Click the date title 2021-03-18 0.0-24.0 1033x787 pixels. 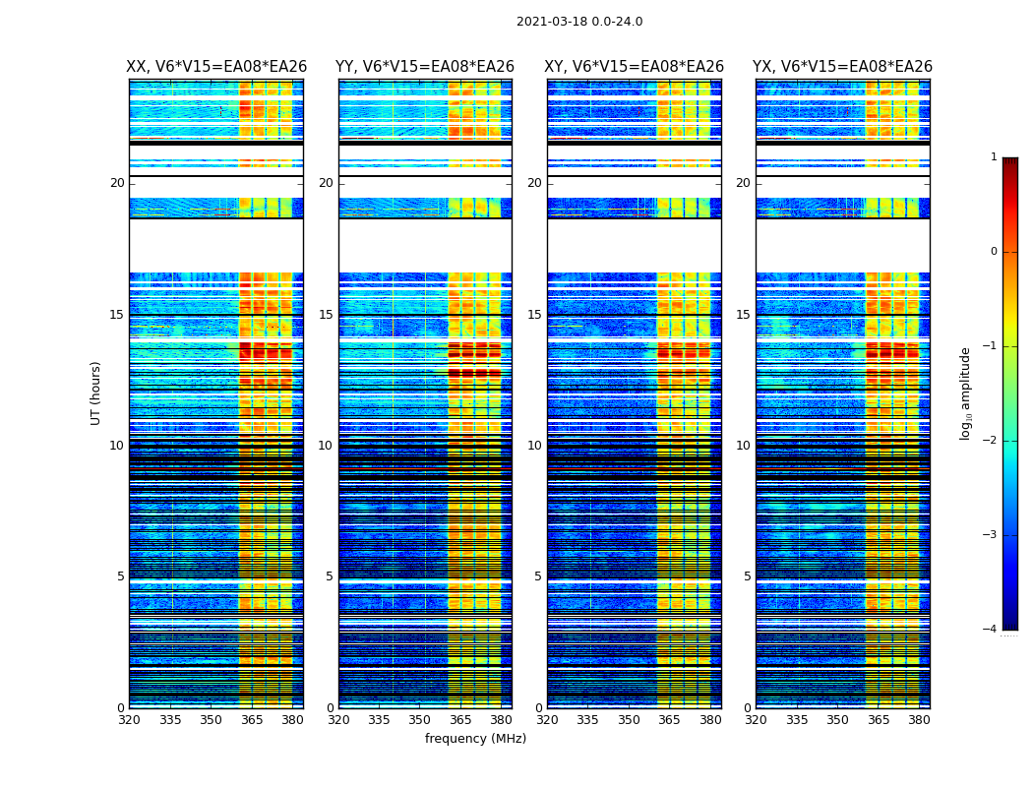(579, 22)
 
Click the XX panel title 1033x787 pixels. (216, 67)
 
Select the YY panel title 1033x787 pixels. (425, 67)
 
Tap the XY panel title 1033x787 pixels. (635, 67)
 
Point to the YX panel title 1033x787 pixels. (842, 67)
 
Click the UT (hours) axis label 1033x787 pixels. (96, 393)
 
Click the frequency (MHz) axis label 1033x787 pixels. (475, 739)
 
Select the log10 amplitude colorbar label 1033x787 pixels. (966, 393)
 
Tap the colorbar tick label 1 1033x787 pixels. (994, 157)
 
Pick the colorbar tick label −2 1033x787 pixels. (992, 441)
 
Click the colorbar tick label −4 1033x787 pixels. (992, 630)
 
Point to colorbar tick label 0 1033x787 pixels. (994, 252)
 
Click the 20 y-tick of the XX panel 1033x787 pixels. (117, 183)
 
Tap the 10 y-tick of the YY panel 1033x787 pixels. (326, 446)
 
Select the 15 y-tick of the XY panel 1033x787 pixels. (534, 315)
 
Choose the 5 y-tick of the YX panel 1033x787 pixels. (747, 576)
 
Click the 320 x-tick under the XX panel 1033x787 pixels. (129, 720)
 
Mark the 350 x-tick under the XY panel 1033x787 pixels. (629, 720)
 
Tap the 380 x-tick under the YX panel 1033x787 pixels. (919, 720)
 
